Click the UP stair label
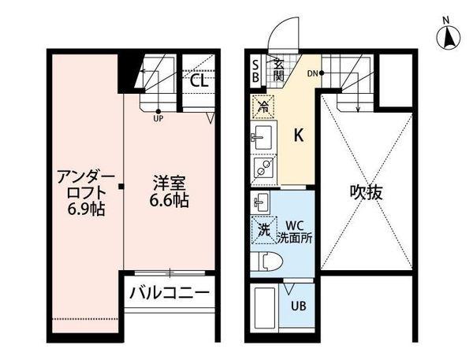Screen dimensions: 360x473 [x=158, y=119]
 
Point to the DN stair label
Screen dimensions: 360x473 [x=312, y=74]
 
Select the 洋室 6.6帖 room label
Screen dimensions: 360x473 [x=170, y=192]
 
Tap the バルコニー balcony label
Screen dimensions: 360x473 [x=169, y=293]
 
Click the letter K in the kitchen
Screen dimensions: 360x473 [x=299, y=135]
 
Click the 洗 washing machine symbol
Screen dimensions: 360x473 [x=263, y=229]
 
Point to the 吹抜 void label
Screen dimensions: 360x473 [x=367, y=191]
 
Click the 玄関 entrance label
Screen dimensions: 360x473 [x=279, y=69]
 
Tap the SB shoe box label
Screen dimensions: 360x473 [x=255, y=69]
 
